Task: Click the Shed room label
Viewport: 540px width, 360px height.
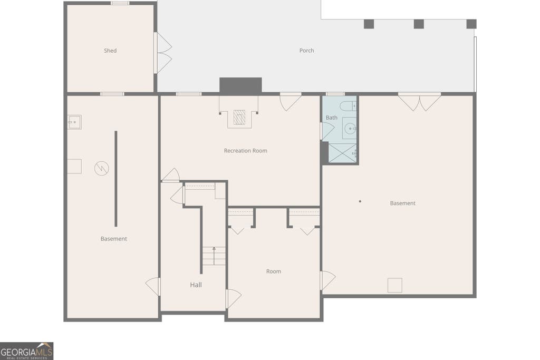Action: pos(110,51)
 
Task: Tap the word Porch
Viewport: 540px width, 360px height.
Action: pos(306,51)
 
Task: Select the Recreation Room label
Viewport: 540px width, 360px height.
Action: pos(246,151)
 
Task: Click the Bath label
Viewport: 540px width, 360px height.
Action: pos(332,118)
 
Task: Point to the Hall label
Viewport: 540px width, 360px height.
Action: pos(196,285)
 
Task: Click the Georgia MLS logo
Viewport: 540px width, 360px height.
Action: pos(26,351)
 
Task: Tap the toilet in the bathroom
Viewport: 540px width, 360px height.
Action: pos(348,105)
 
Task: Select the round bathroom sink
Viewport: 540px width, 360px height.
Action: pos(350,129)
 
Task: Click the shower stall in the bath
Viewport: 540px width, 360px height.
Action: pos(342,153)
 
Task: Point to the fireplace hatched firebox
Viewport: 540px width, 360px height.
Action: pos(239,118)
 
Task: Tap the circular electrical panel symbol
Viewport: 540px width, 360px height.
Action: pos(102,168)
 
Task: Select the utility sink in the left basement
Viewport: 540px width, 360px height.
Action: pos(74,122)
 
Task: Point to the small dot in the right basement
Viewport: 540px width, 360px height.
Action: pos(360,201)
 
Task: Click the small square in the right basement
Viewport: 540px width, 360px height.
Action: pos(394,285)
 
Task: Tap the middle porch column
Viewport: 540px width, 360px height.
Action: pos(419,24)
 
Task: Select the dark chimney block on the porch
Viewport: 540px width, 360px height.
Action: pos(240,85)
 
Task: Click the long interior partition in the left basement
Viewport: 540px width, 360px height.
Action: pos(115,179)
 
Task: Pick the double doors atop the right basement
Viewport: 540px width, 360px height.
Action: pos(419,101)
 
